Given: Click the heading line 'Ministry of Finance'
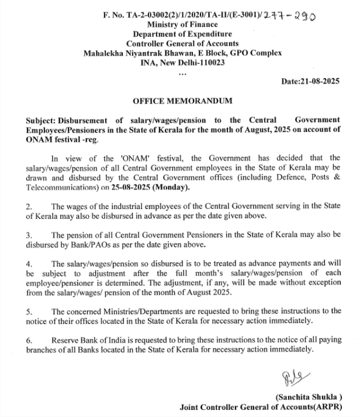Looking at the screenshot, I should (182, 25).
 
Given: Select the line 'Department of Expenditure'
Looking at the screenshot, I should (182, 34).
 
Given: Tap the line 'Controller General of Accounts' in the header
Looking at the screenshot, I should (182, 43).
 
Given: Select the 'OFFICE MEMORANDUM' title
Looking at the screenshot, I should (182, 100).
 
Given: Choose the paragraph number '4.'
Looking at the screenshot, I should (30, 264).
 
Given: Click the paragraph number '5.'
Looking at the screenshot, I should (30, 311).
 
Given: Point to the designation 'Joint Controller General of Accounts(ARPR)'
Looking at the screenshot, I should (260, 406).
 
